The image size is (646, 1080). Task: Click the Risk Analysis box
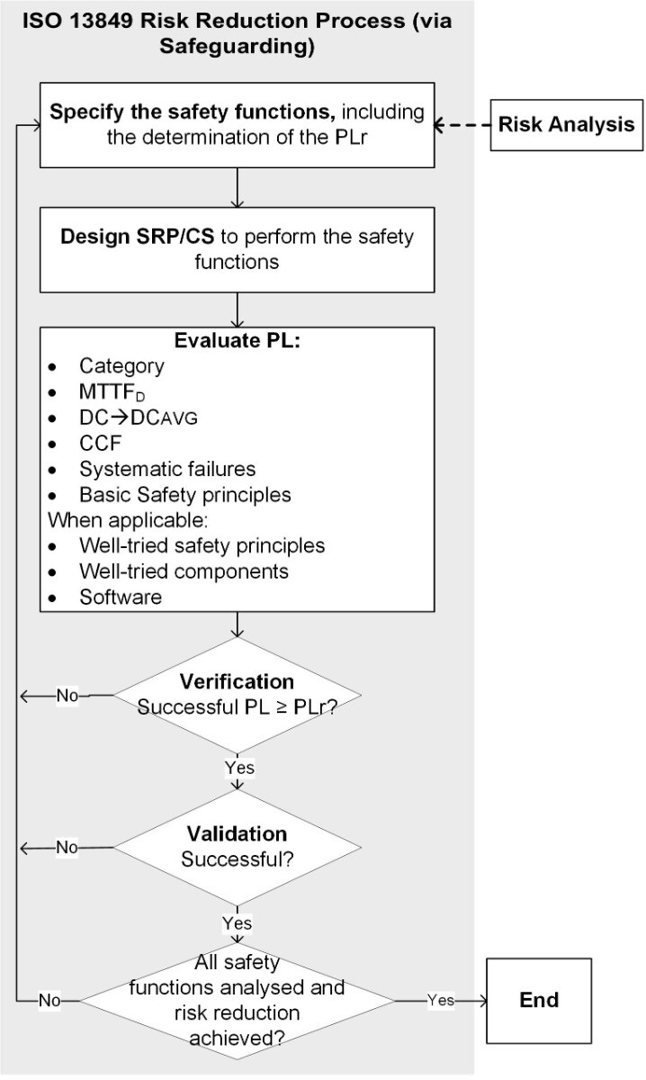pos(566,125)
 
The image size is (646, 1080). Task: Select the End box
pos(538,1000)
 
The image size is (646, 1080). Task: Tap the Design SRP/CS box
pos(237,250)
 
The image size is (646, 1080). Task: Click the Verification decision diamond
pos(237,694)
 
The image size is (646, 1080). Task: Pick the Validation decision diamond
pos(237,846)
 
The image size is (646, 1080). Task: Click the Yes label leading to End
pos(441,1000)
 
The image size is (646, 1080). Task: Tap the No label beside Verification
pos(67,695)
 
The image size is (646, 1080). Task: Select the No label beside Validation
pos(67,847)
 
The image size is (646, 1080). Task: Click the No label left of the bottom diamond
pos(49,1000)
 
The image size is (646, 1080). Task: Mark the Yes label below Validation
pos(238,922)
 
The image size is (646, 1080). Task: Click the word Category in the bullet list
pos(121,365)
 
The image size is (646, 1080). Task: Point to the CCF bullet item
pos(99,443)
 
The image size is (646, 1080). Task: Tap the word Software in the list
pos(121,597)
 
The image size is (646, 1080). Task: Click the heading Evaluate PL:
pos(237,342)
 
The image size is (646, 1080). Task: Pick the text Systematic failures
pos(167,469)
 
